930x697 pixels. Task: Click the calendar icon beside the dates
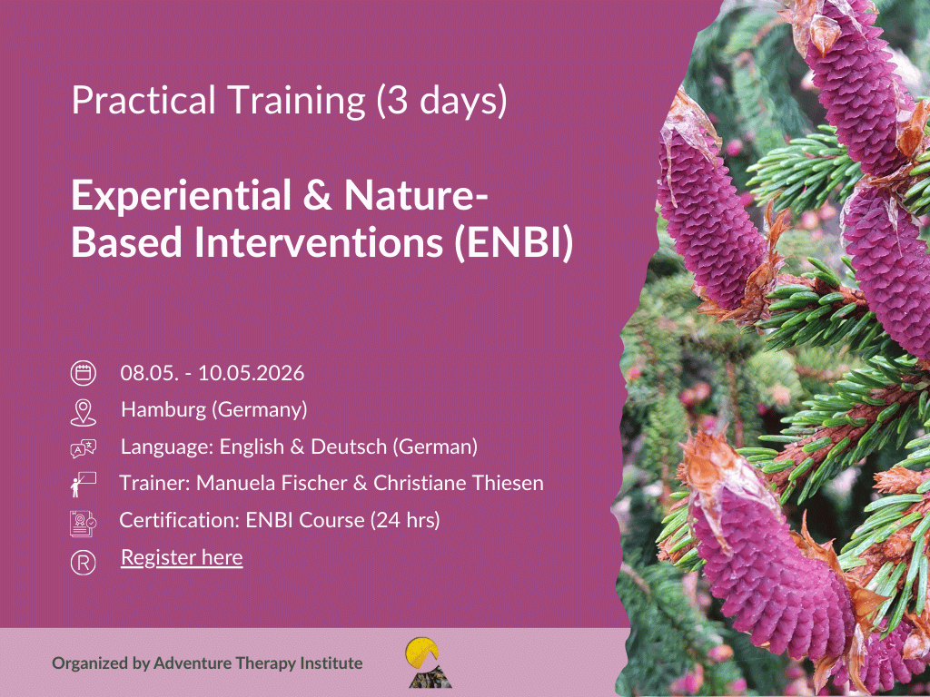(83, 373)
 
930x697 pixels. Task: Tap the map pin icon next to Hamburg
(83, 412)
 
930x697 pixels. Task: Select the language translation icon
(83, 448)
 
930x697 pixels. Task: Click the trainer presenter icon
(83, 485)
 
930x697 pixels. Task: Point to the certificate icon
(83, 524)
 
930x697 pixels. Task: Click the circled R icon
(83, 563)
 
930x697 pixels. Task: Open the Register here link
(182, 558)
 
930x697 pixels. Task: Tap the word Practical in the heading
(143, 100)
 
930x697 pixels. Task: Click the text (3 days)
(442, 100)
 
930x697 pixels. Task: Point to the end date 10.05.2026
(251, 373)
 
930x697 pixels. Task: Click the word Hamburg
(163, 409)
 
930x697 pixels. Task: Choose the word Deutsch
(349, 447)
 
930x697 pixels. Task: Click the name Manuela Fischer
(272, 483)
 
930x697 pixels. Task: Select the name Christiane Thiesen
(459, 483)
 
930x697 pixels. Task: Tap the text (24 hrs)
(406, 520)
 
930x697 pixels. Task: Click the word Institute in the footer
(331, 663)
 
